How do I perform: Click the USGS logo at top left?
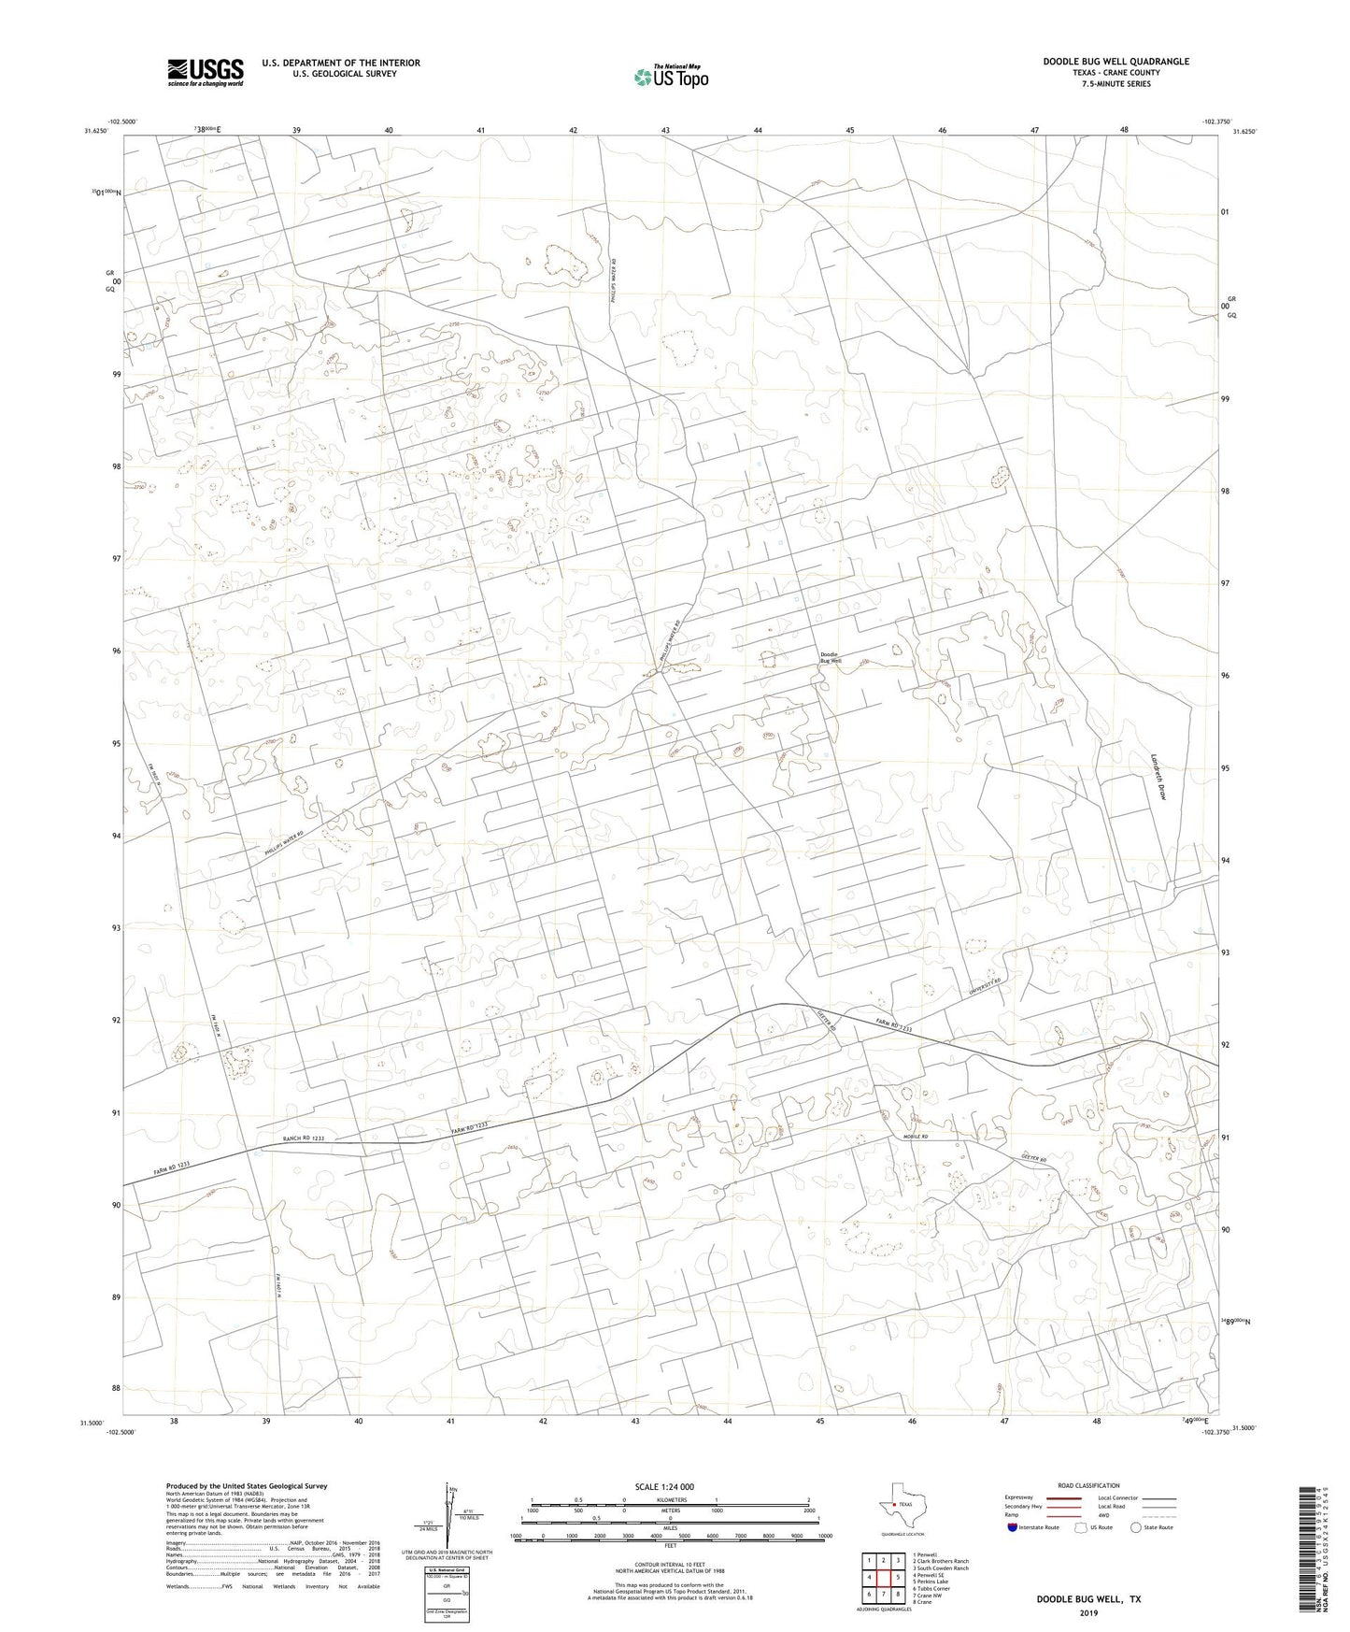205,72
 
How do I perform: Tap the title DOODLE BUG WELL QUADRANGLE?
1116,62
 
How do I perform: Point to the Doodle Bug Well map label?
831,657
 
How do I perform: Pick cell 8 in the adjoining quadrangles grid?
898,1594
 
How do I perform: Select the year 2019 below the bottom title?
1087,1613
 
